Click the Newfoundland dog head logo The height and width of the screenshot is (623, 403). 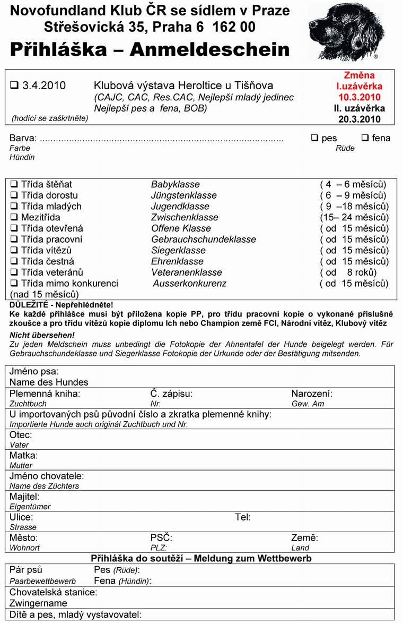(x=347, y=31)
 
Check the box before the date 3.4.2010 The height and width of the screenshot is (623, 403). (x=14, y=85)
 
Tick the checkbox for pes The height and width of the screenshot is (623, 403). (x=314, y=138)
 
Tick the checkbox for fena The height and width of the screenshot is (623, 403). (x=365, y=138)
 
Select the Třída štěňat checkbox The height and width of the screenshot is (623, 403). (x=14, y=184)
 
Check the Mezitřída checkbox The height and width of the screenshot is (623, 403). (x=14, y=217)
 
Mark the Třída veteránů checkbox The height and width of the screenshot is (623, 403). (x=14, y=272)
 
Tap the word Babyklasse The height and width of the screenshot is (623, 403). (x=176, y=184)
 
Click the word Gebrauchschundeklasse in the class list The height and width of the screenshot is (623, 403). (x=204, y=240)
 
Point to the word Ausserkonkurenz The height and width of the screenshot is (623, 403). (x=189, y=284)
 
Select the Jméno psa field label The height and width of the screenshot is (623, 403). (x=34, y=371)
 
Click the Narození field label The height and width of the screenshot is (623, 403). (x=312, y=394)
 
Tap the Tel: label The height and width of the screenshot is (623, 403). (x=243, y=517)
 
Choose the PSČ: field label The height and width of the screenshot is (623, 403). (x=161, y=537)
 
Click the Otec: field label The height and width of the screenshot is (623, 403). (x=21, y=434)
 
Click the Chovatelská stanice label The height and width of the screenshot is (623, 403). (x=53, y=592)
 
